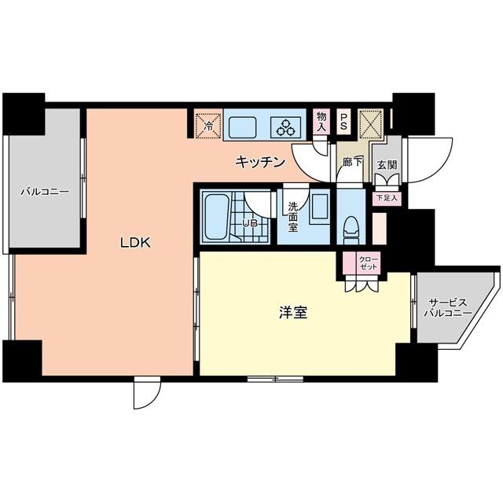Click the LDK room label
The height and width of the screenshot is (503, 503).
click(x=134, y=243)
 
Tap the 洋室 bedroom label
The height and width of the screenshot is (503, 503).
click(x=292, y=313)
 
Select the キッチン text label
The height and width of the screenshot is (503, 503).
click(x=259, y=162)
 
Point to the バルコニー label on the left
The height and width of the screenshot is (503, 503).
click(x=44, y=191)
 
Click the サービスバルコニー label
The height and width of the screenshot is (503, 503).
click(x=450, y=307)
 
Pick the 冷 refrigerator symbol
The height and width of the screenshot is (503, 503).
click(x=208, y=124)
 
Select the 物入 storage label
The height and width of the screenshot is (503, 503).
click(x=321, y=121)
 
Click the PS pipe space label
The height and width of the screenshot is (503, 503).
click(x=344, y=122)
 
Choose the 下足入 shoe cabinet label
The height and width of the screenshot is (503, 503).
click(x=387, y=198)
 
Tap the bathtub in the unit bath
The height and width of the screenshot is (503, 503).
click(x=216, y=219)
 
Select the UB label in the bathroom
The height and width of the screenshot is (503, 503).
click(x=249, y=222)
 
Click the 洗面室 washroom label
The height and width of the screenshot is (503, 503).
click(x=292, y=217)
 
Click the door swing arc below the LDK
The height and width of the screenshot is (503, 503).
click(x=145, y=394)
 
